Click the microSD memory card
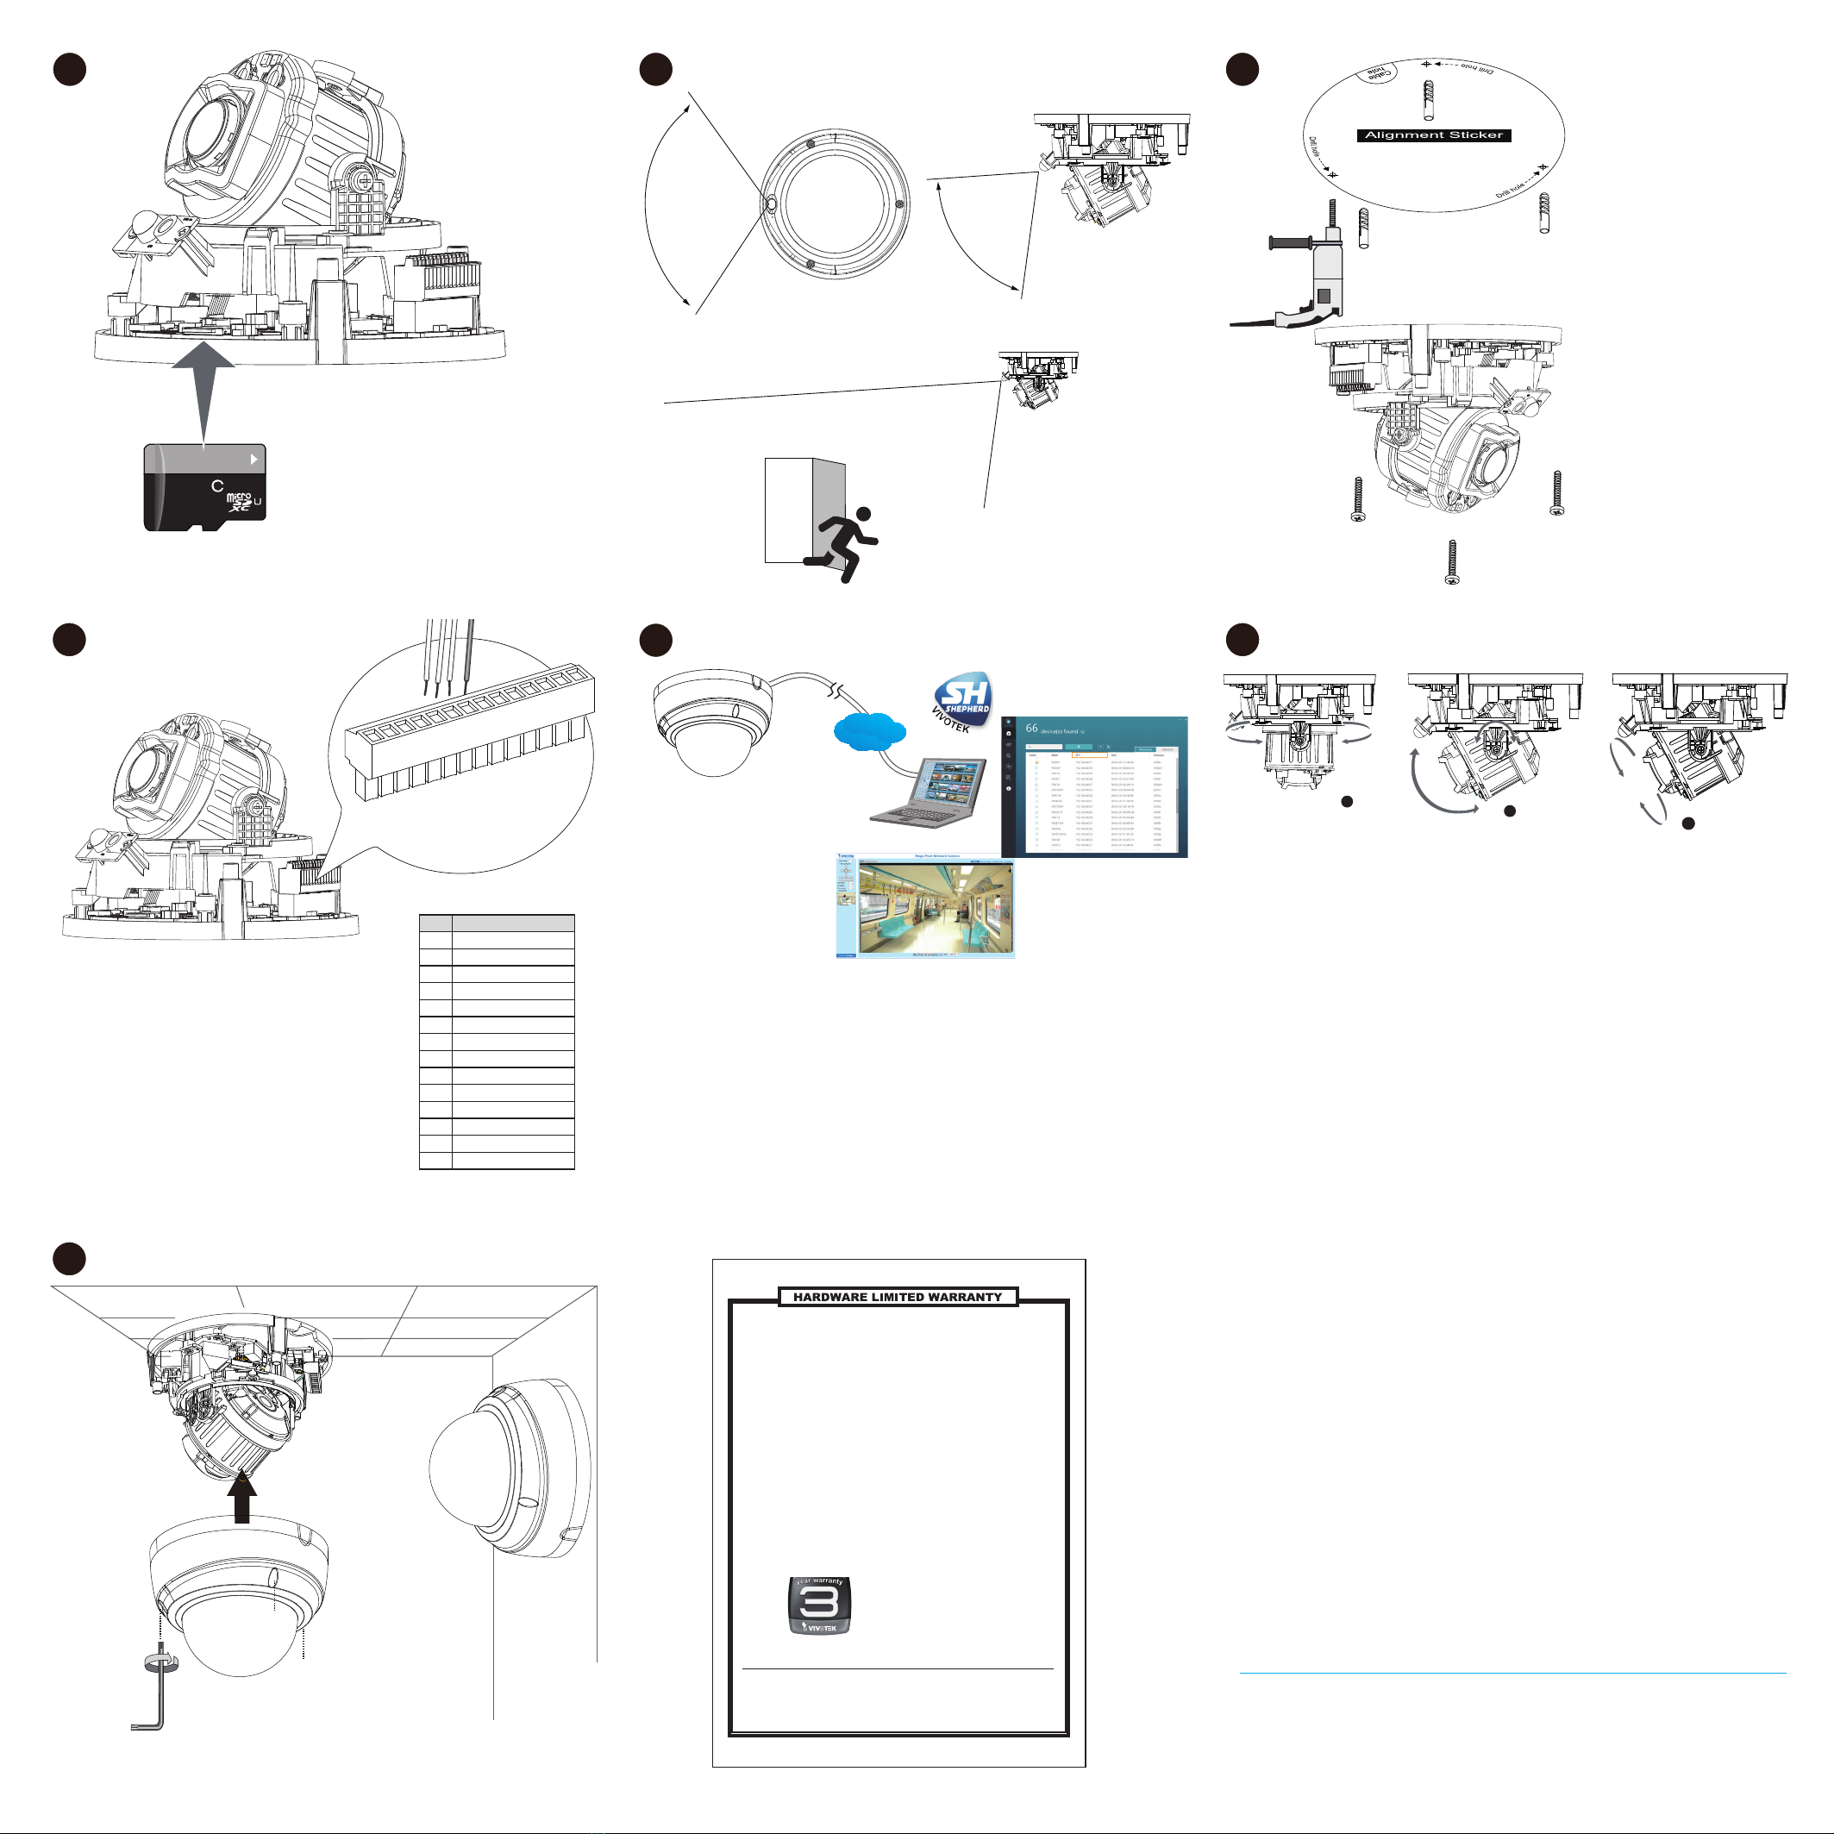coord(205,487)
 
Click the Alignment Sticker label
coord(1433,135)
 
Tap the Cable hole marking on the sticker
coord(1376,73)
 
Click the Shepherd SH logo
coord(963,699)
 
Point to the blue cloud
coord(868,731)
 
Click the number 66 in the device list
coord(1031,728)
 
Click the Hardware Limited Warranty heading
coord(897,1297)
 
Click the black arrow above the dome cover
coord(242,1499)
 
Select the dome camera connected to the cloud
coord(712,722)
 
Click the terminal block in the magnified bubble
coord(470,735)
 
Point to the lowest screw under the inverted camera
coord(1451,561)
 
